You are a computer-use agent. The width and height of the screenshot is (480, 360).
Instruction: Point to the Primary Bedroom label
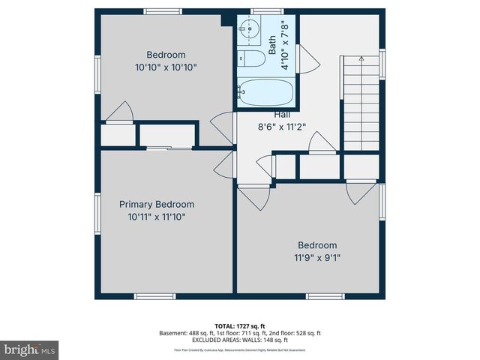(157, 204)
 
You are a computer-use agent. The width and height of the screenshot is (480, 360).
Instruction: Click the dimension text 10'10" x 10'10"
(166, 67)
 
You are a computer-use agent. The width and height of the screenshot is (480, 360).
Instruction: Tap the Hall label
(282, 114)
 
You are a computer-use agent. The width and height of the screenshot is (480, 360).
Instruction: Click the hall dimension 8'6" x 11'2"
(282, 127)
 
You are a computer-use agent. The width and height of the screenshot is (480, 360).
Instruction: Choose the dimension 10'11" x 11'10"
(157, 217)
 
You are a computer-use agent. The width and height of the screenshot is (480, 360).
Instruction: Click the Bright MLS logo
(30, 349)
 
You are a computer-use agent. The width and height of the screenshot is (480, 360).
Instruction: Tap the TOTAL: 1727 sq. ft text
(240, 325)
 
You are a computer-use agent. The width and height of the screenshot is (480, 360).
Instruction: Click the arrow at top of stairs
(361, 58)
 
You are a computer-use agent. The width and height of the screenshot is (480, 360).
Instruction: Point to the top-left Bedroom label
(166, 55)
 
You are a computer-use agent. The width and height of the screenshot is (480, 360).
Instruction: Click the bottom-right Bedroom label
(317, 244)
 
